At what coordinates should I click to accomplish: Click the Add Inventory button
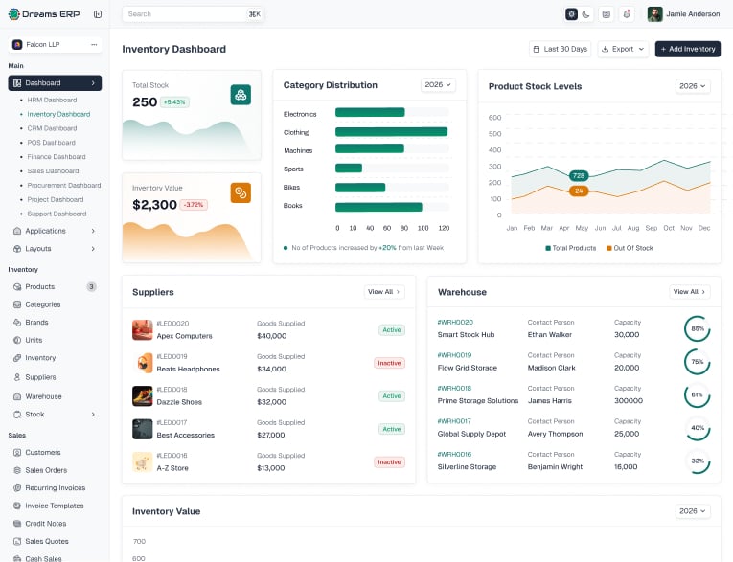coord(688,49)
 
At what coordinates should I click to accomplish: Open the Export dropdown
coord(623,49)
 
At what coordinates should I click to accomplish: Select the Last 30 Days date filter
coord(560,49)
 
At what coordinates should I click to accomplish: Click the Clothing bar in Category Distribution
coord(391,132)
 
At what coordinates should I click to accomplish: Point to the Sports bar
coord(349,169)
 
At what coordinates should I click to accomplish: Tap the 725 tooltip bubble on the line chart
coord(579,175)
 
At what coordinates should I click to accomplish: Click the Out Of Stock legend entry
coord(630,248)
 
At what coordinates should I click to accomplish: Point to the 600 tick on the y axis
coord(494,117)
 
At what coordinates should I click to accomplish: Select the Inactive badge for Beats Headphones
coord(389,363)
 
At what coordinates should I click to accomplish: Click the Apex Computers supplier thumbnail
coord(142,329)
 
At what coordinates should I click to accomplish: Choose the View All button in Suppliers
coord(384,292)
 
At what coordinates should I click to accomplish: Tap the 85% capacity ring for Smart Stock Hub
coord(697,328)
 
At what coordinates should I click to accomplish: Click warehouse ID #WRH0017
coord(454,421)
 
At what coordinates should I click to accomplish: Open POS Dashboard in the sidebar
coord(52,143)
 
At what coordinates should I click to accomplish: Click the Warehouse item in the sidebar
coord(43,396)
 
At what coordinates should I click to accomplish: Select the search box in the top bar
coord(193,14)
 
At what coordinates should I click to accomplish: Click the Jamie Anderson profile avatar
coord(654,14)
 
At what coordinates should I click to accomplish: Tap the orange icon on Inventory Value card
coord(241,192)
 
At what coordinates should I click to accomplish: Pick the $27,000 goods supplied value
coord(270,435)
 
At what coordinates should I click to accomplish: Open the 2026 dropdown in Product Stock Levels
coord(693,86)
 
